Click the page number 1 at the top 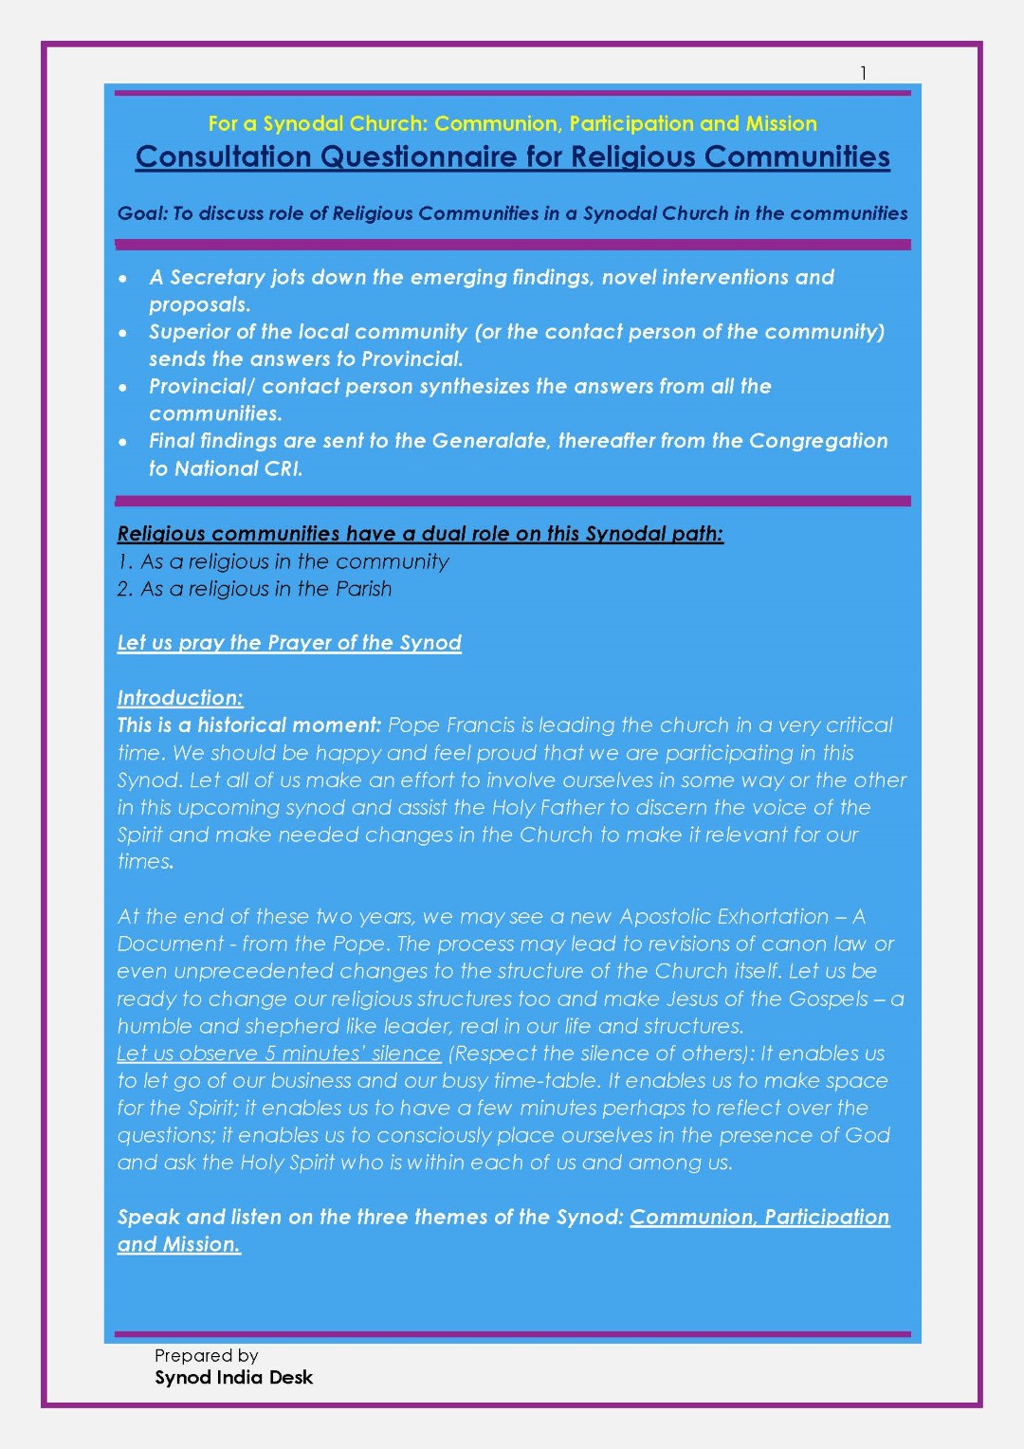click(x=863, y=73)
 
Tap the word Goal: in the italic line click(x=142, y=213)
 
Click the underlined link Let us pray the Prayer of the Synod click(x=289, y=643)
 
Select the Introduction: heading click(x=180, y=698)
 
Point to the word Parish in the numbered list click(x=363, y=589)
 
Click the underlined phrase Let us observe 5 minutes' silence click(x=279, y=1054)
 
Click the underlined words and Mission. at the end click(x=179, y=1244)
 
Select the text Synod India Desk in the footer click(x=233, y=1377)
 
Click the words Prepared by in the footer click(x=206, y=1355)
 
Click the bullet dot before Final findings click(x=123, y=442)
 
